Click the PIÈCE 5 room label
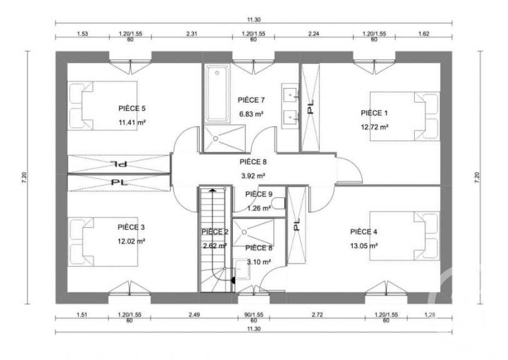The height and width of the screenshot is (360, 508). click(131, 108)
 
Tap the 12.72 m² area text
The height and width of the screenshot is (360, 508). click(375, 127)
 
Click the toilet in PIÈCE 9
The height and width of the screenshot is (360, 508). click(280, 203)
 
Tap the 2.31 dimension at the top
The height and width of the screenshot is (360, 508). click(191, 34)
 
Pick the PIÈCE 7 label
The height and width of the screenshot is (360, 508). click(251, 100)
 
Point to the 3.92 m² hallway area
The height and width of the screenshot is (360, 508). click(253, 176)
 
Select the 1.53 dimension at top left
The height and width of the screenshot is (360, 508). click(82, 34)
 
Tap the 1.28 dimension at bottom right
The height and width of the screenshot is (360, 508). click(429, 314)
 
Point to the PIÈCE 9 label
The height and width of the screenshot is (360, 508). click(258, 194)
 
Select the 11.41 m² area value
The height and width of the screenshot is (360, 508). click(131, 123)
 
